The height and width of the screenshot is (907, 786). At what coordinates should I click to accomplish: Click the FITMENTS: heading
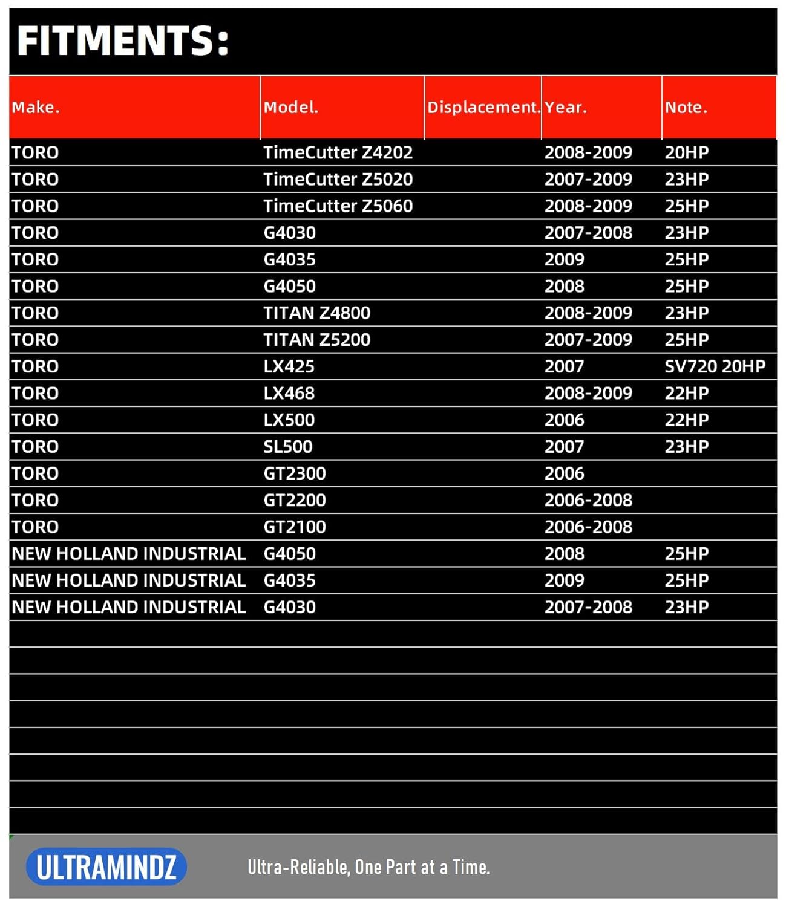pos(123,41)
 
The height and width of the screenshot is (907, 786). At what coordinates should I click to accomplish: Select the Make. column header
pos(36,108)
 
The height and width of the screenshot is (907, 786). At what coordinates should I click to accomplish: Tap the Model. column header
pos(290,108)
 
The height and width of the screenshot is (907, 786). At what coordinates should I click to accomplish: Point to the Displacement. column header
pos(483,108)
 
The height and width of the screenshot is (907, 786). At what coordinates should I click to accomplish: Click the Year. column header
pos(566,108)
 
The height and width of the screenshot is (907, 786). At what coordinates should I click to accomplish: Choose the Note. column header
pos(686,108)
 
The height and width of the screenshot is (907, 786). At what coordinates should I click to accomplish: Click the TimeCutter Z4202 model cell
pos(338,152)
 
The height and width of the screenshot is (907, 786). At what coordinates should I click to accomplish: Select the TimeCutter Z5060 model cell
pos(338,206)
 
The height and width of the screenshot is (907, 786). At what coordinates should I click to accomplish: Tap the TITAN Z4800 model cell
pos(316,313)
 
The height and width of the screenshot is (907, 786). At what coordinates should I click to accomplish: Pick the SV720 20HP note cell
pos(715,366)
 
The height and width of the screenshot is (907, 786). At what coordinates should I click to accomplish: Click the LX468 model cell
pos(289,393)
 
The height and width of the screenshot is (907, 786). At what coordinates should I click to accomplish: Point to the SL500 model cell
pos(287,447)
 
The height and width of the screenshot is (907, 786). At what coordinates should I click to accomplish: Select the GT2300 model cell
pos(294,473)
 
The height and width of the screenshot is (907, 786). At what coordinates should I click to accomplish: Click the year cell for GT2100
pos(588,527)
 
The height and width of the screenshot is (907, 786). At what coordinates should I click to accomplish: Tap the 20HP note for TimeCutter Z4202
pos(686,152)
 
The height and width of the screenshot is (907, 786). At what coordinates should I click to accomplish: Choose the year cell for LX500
pos(564,420)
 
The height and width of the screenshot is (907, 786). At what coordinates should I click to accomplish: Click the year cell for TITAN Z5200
pos(588,340)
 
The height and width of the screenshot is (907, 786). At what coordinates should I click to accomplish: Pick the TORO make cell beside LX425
pos(35,366)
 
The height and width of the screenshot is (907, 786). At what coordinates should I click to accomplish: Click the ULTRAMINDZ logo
pos(106,867)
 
